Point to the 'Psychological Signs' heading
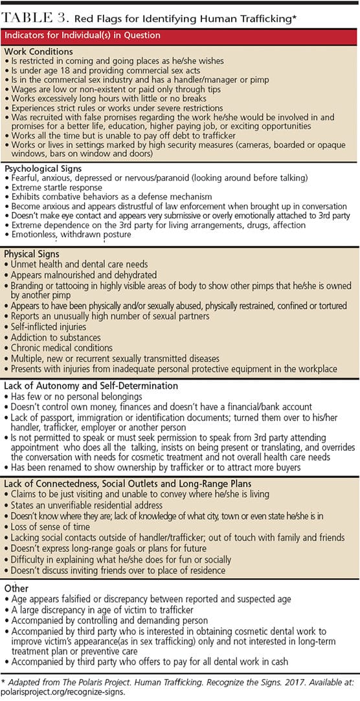tap(43, 168)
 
